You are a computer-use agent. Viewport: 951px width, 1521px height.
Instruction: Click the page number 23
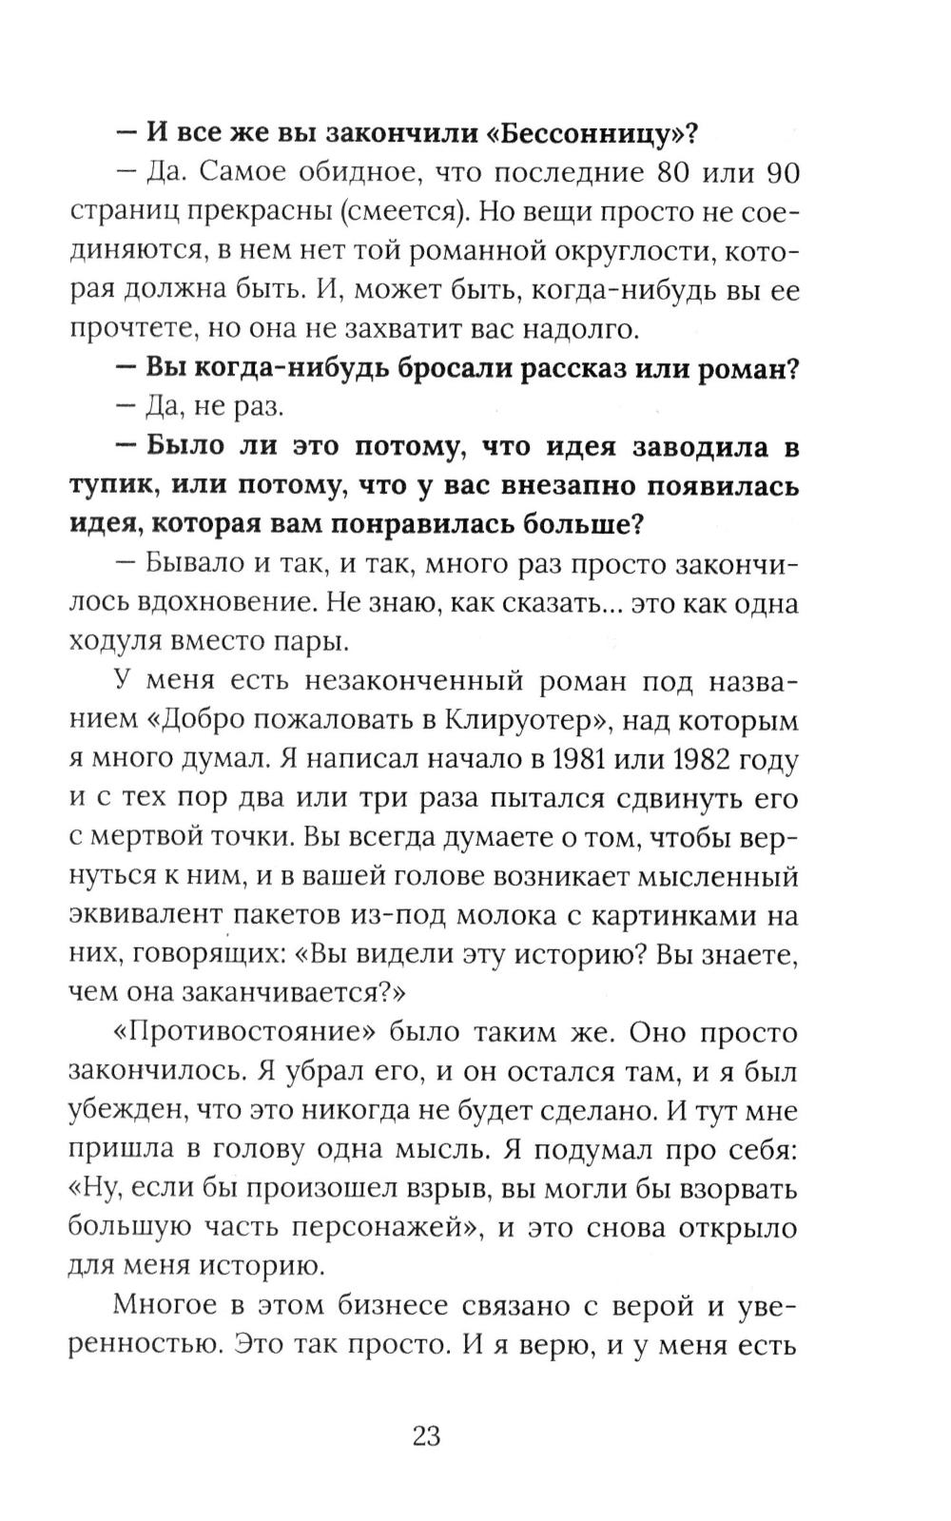(426, 1435)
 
